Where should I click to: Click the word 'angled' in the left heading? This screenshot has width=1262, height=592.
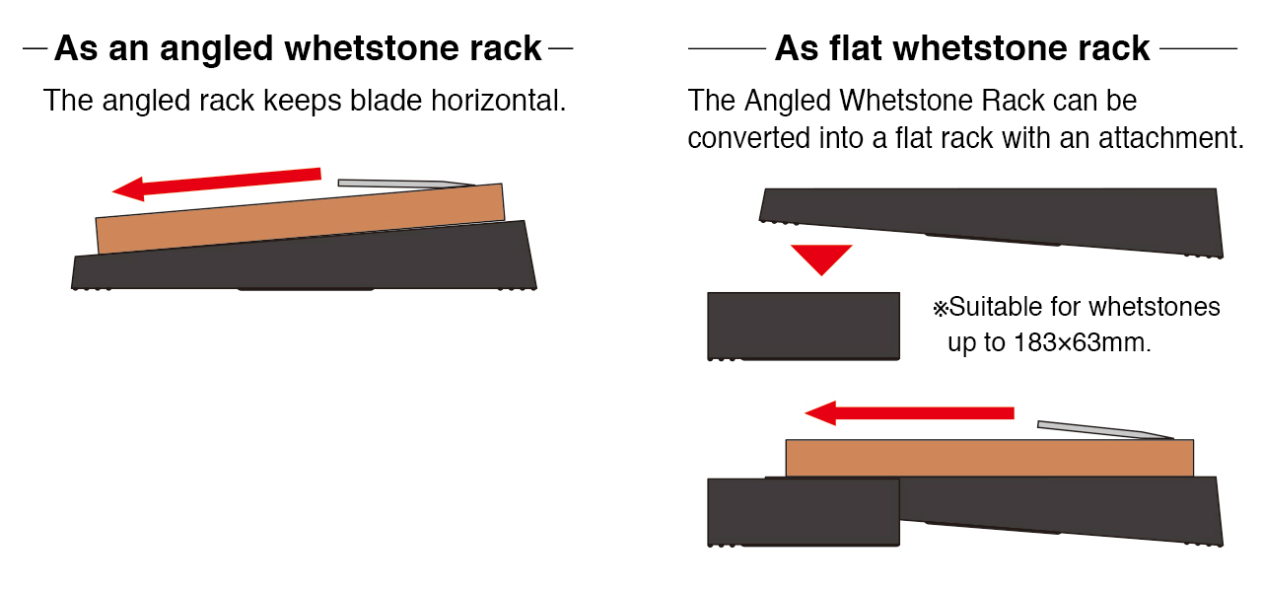[x=216, y=49]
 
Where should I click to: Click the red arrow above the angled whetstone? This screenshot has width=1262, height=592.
[x=217, y=184]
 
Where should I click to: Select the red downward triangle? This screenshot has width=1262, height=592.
[x=821, y=259]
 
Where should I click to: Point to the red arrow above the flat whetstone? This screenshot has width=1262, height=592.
[x=909, y=413]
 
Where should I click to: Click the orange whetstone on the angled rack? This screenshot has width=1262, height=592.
[x=301, y=219]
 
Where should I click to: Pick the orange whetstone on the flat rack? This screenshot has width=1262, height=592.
[x=989, y=458]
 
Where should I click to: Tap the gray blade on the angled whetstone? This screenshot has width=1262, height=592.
[x=405, y=184]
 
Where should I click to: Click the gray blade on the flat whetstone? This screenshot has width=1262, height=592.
[x=1105, y=429]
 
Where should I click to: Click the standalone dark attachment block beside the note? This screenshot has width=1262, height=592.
[x=804, y=326]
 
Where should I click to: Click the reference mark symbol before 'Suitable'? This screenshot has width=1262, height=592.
[x=941, y=309]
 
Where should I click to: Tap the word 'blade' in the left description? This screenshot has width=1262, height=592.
[x=386, y=101]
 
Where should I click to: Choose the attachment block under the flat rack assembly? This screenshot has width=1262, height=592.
[x=804, y=512]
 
